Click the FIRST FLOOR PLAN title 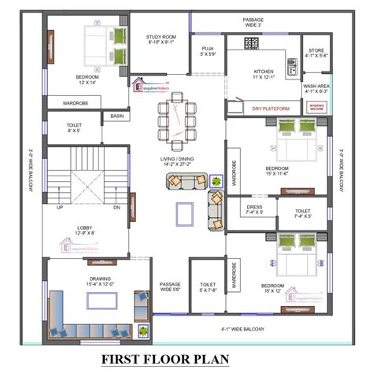click(x=186, y=359)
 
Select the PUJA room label click(x=209, y=51)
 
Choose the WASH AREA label click(x=316, y=89)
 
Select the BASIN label click(x=116, y=116)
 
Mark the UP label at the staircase click(x=59, y=207)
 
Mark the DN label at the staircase click(x=116, y=207)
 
